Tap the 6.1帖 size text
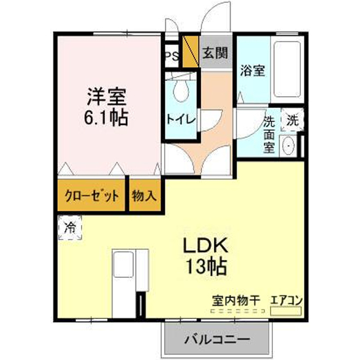106,118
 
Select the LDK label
205,245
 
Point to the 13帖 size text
206,267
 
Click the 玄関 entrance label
215,53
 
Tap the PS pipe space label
172,56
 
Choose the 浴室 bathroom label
253,70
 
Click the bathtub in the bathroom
287,69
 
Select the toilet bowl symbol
181,91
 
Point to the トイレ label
181,119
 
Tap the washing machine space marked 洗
292,120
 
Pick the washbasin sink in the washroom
288,146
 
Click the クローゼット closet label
92,196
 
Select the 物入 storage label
145,196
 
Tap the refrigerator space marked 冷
70,227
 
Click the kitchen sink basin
124,264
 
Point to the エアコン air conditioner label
286,300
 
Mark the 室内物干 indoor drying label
236,300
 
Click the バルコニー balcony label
217,339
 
